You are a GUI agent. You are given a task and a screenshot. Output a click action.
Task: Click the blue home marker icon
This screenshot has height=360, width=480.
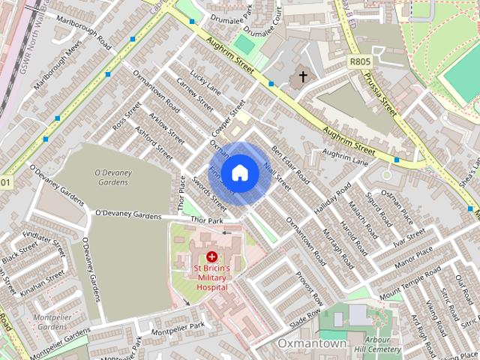[x=239, y=173]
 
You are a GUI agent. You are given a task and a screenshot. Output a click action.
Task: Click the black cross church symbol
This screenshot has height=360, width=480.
[x=303, y=76]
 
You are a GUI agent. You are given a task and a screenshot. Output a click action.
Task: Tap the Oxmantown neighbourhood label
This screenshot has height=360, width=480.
[x=311, y=343]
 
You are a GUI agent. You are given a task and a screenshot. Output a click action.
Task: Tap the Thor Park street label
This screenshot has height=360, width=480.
[x=208, y=220]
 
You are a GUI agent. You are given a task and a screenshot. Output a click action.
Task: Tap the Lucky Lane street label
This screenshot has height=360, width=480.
[x=205, y=82]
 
